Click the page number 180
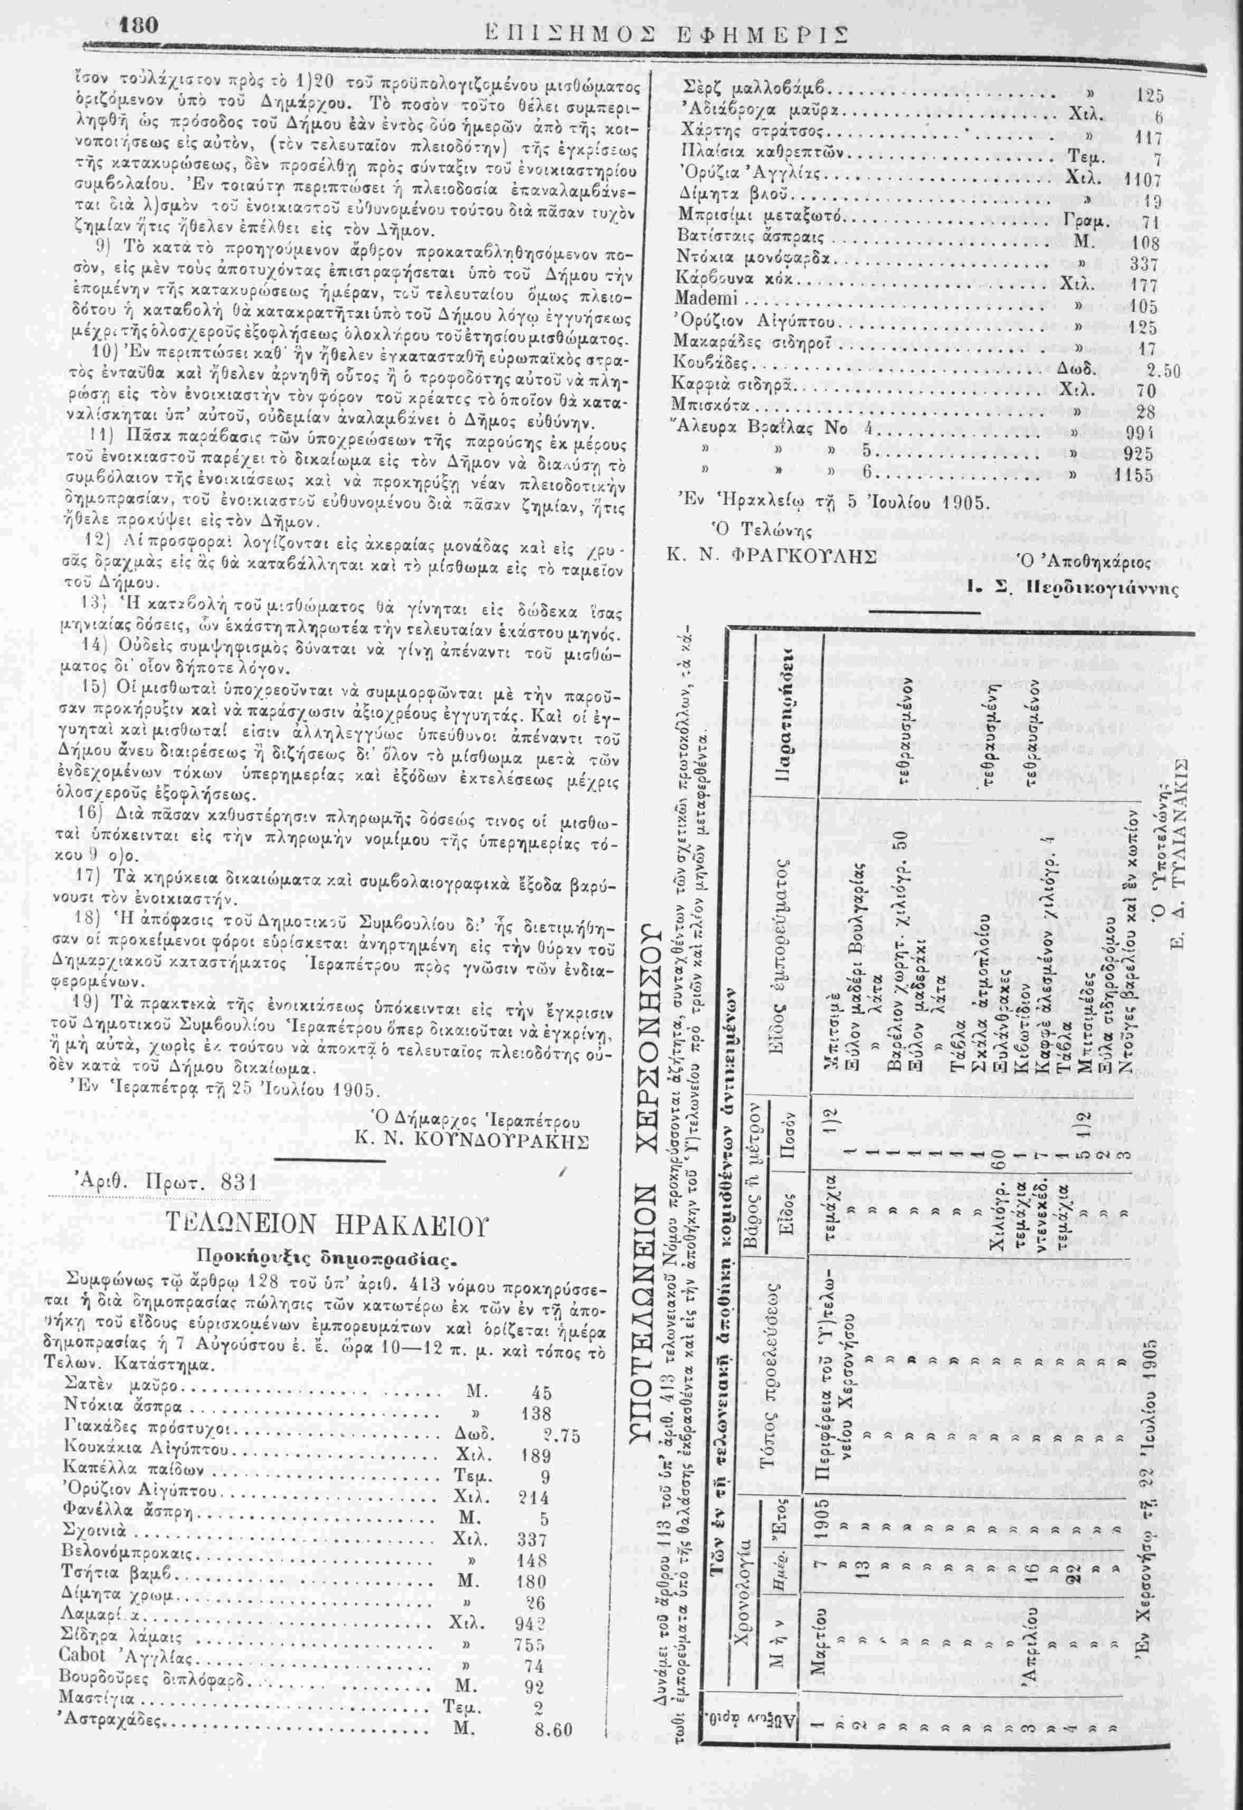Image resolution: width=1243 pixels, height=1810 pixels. point(139,26)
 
